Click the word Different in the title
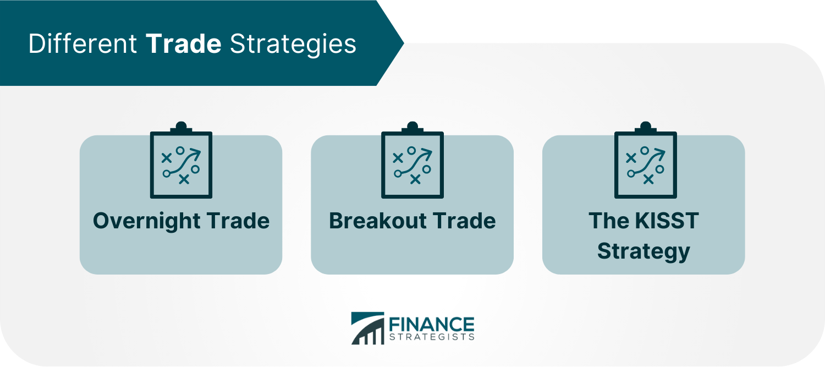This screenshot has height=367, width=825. point(82,44)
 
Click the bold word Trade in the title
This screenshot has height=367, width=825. point(183,44)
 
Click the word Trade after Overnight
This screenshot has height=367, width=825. point(238,221)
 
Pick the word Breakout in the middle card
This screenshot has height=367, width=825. point(376,221)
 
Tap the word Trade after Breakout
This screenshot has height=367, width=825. point(464,221)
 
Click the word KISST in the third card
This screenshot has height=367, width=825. point(667,221)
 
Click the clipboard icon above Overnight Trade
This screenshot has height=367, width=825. point(181,160)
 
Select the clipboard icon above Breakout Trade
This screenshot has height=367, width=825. point(413,160)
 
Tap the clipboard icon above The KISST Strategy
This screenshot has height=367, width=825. point(646,160)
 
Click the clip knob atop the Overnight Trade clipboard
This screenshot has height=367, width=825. point(181,127)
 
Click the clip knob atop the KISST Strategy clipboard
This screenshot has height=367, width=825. point(646,127)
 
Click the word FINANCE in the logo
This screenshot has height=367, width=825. point(432,325)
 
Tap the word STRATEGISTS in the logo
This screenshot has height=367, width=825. point(432,337)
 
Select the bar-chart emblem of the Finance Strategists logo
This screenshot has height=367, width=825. point(367,328)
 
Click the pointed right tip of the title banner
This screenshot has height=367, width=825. point(404,43)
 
